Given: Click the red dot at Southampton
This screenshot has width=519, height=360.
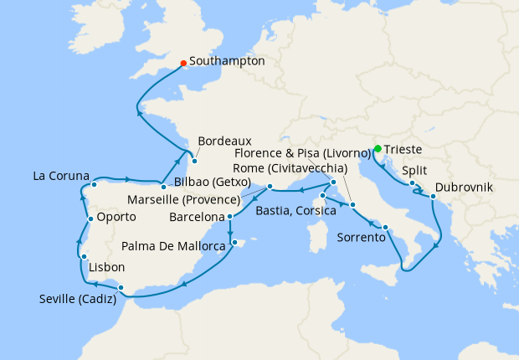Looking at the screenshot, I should pyautogui.click(x=183, y=62).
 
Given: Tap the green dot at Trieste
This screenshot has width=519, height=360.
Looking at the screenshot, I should pyautogui.click(x=378, y=150).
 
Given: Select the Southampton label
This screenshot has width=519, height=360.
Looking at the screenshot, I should pyautogui.click(x=227, y=61).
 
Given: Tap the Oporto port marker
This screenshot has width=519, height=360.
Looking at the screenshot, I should pyautogui.click(x=90, y=219).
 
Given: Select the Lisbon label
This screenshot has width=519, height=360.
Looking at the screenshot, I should pyautogui.click(x=106, y=267).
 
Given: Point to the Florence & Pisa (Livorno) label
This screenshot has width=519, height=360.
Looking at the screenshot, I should pyautogui.click(x=302, y=153).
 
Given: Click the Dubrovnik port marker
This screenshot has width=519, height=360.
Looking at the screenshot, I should pyautogui.click(x=433, y=197).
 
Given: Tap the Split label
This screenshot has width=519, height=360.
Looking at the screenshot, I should pyautogui.click(x=415, y=170).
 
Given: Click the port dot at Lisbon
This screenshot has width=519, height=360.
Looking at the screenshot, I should pyautogui.click(x=85, y=256).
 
